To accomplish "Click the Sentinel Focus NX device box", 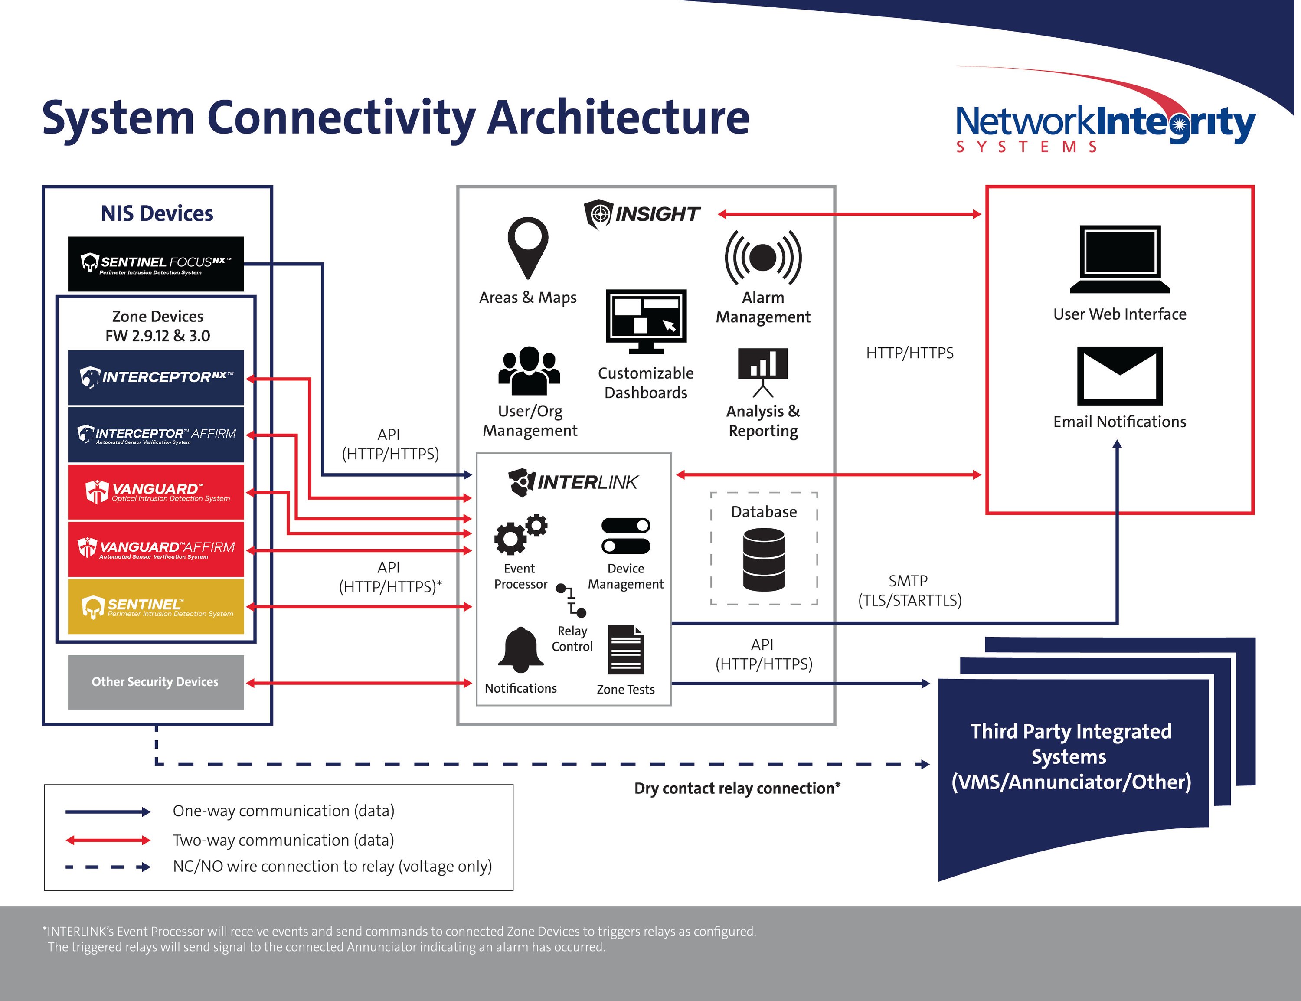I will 156,264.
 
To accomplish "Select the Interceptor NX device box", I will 156,377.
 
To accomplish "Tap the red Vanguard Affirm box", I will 156,549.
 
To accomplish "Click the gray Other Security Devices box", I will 156,682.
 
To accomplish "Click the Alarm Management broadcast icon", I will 763,257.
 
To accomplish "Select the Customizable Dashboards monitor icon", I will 646,321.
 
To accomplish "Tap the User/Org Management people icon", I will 529,371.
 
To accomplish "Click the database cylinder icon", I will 764,560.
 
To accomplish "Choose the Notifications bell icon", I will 521,651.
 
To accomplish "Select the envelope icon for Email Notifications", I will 1119,376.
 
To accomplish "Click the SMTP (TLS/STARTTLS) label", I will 909,590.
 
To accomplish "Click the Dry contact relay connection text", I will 737,788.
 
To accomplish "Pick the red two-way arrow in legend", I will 108,840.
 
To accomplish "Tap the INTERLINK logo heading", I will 573,482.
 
